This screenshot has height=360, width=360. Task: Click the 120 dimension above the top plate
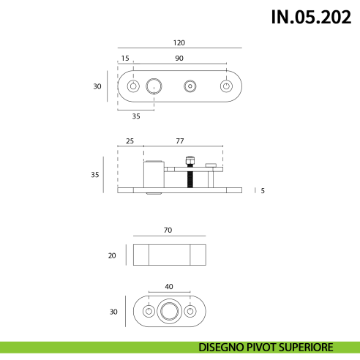coord(179,42)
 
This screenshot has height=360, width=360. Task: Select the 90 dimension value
coord(179,59)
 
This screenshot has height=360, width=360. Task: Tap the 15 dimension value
coord(125,59)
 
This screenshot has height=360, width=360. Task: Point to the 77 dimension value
coord(181,140)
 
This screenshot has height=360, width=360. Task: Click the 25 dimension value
coord(130,140)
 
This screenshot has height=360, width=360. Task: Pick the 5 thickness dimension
coord(262,190)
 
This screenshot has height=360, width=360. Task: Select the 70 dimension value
coord(168,230)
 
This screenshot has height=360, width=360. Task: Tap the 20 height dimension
coord(112,255)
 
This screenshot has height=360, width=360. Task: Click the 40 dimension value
coord(169,286)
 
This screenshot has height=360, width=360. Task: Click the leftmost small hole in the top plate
coord(132,86)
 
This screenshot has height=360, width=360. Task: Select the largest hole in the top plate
coord(154,86)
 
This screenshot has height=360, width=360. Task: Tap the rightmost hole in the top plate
coord(226,86)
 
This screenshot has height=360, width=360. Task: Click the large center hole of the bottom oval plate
coord(169,312)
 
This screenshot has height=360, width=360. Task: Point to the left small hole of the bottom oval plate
coord(149,312)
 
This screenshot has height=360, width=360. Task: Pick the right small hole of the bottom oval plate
coord(190,312)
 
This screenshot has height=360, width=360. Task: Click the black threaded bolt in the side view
coord(189,176)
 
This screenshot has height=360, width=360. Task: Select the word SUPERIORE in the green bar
coord(307,347)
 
